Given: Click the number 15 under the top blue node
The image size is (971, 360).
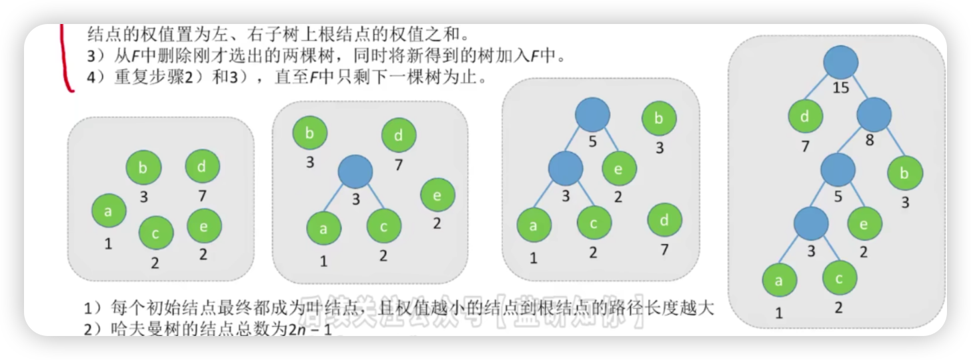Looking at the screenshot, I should [841, 87].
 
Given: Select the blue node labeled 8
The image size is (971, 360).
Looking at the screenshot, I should [874, 115].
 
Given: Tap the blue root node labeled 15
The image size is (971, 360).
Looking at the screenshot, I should [840, 63].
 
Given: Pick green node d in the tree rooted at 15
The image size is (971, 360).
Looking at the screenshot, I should [805, 117].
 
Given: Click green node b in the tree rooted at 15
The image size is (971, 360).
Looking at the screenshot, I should [905, 173].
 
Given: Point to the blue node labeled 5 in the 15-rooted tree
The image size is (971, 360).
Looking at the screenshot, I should [838, 170].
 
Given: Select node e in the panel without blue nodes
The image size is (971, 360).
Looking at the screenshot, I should [203, 226].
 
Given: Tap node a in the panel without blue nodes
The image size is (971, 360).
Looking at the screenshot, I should [109, 211].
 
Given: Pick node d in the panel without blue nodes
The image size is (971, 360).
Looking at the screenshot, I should [202, 167].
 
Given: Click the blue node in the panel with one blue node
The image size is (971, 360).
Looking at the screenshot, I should [355, 172].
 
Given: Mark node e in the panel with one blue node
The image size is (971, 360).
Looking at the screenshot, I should [437, 196].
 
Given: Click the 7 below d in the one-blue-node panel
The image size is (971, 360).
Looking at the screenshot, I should [399, 164].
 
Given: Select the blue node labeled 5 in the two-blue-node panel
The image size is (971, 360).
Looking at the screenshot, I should [593, 115].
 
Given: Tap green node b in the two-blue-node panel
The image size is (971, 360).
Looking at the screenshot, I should [659, 119].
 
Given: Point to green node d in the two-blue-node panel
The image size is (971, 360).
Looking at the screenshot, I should [664, 221].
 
